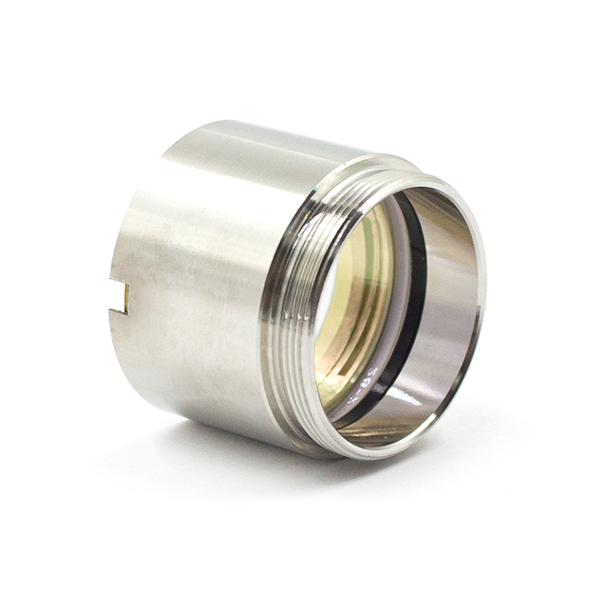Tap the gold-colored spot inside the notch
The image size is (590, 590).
pyautogui.click(x=126, y=298)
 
